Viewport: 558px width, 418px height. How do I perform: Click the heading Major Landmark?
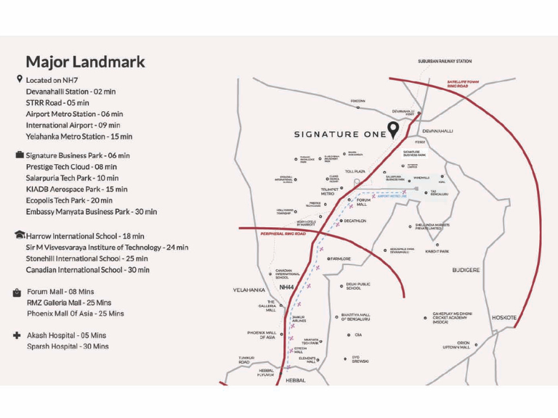click(85, 62)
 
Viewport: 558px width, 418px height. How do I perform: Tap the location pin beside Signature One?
click(393, 131)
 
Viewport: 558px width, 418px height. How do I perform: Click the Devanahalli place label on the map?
click(437, 131)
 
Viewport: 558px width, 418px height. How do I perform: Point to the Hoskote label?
click(504, 318)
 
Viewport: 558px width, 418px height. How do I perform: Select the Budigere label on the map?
click(466, 270)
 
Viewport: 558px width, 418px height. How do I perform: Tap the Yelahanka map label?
click(248, 290)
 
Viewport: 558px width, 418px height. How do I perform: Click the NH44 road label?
click(286, 287)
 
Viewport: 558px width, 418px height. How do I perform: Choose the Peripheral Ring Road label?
click(283, 234)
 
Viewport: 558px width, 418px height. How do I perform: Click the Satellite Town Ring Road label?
click(463, 84)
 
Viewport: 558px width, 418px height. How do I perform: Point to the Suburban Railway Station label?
click(445, 62)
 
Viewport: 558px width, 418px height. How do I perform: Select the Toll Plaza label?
click(355, 171)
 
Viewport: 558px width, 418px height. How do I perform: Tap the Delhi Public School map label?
click(358, 286)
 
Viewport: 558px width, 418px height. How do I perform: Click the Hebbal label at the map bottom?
click(296, 380)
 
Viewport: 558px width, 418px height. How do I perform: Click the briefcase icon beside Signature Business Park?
click(19, 155)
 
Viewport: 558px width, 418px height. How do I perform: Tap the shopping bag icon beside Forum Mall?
click(17, 292)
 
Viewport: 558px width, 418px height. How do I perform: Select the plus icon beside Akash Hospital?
click(17, 336)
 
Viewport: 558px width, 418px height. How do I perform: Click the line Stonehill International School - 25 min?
click(86, 258)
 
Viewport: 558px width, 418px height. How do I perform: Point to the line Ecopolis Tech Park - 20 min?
click(69, 200)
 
